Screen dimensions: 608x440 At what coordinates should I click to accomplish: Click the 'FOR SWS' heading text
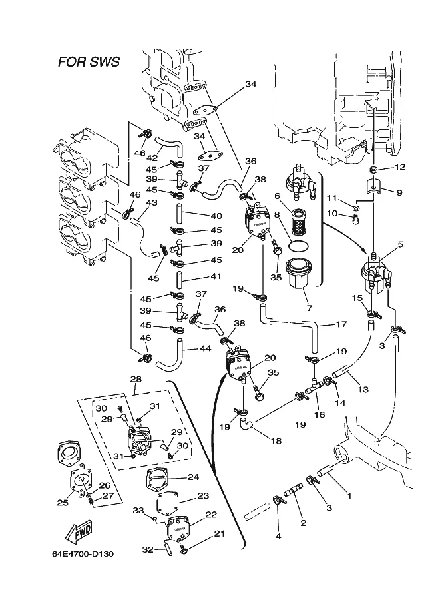pos(89,63)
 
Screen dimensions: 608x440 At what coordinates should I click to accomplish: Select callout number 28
pos(136,380)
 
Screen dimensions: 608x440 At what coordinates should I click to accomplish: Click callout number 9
pos(399,193)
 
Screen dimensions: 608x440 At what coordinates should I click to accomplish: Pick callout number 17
pos(341,325)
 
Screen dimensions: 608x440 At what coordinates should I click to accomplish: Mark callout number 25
pos(63,503)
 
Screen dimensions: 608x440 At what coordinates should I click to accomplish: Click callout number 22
pos(211,515)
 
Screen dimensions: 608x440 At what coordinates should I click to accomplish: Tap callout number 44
pos(205,348)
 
